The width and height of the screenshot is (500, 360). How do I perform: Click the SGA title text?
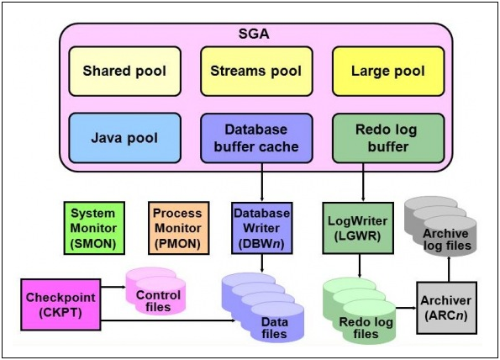(x=254, y=34)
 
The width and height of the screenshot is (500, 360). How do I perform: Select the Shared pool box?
(x=124, y=71)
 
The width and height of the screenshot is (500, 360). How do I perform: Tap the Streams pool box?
(x=256, y=71)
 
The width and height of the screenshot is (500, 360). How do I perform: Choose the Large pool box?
(x=388, y=71)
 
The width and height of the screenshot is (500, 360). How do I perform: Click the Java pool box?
(x=124, y=138)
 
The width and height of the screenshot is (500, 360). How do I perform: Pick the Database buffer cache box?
(x=256, y=138)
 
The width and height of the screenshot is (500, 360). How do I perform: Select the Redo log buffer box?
(x=388, y=138)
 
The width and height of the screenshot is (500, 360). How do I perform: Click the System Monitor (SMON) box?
(x=94, y=228)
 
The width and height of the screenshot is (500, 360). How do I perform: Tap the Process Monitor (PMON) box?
(x=178, y=228)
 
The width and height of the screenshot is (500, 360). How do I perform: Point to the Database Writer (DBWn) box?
(x=262, y=228)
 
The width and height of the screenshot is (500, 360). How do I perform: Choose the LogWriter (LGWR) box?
(x=358, y=228)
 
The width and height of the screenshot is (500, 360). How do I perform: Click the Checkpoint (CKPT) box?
(x=61, y=304)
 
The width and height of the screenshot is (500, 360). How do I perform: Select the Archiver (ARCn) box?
(x=447, y=308)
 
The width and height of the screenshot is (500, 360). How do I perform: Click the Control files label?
(x=158, y=301)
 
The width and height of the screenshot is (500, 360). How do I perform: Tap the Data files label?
(x=274, y=328)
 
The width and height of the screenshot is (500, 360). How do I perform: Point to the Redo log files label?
(x=366, y=328)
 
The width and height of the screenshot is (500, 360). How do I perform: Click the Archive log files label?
(x=447, y=240)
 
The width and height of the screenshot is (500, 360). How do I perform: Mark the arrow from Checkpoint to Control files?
(x=113, y=287)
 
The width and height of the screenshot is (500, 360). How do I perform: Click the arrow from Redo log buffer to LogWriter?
(x=363, y=183)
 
